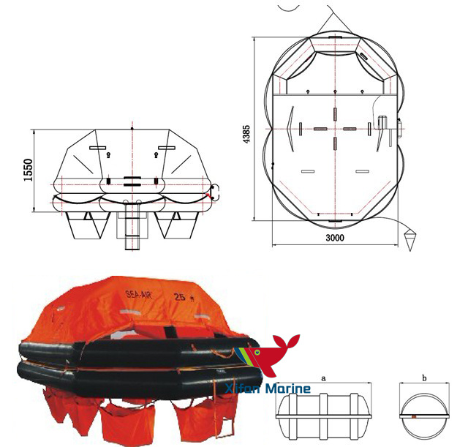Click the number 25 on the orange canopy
(x=179, y=297)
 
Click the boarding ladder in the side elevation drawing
(x=131, y=223)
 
